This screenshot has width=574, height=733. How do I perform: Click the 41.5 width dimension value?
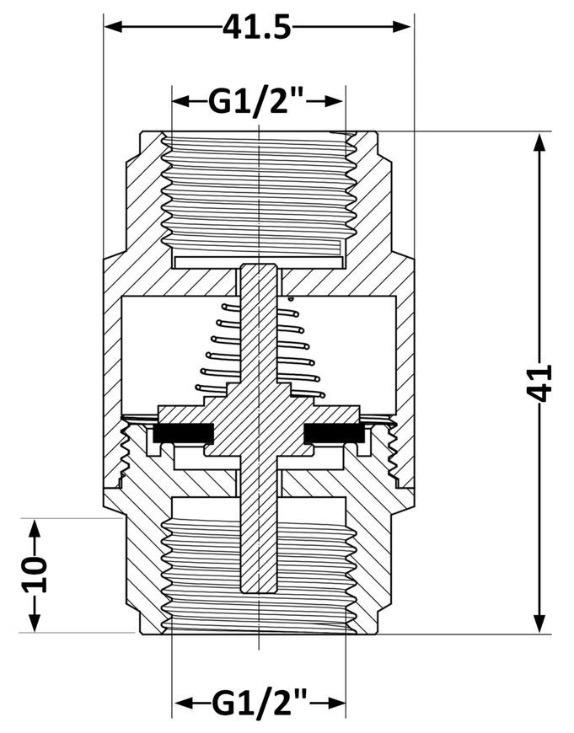click(x=257, y=27)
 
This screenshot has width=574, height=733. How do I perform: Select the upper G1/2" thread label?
click(x=257, y=100)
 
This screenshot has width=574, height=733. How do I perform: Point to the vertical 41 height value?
click(x=539, y=383)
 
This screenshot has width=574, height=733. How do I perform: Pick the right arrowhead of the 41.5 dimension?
click(x=402, y=27)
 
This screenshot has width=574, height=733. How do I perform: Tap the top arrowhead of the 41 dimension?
click(x=539, y=142)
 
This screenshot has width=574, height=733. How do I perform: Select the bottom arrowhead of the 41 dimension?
click(x=539, y=623)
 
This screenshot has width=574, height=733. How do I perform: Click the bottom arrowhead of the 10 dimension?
click(x=35, y=623)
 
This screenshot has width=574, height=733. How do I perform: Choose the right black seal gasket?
click(x=334, y=433)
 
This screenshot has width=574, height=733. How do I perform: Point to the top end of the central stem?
click(x=259, y=264)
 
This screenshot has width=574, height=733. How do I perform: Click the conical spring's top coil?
click(x=260, y=308)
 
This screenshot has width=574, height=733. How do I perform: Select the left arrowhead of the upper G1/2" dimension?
click(x=181, y=101)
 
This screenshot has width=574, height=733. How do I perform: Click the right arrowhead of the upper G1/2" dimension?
click(x=335, y=101)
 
